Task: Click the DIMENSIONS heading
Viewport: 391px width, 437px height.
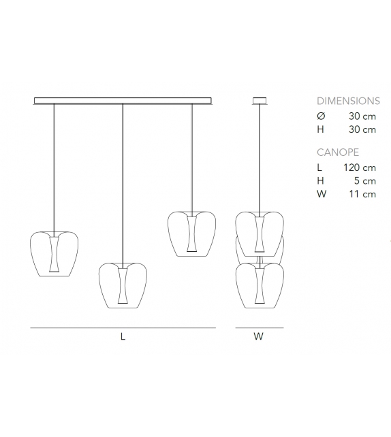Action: pos(348,100)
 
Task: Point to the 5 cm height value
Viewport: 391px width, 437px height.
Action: pos(366,181)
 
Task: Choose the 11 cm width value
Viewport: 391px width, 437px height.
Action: pos(364,195)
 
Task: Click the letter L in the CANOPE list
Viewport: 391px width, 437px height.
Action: pos(320,167)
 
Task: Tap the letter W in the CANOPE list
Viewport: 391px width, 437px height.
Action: pos(322,195)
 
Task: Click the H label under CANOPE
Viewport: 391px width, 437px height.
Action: pos(321,181)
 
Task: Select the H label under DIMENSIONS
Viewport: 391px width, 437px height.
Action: pos(321,129)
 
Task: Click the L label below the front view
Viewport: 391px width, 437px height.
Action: pos(123,336)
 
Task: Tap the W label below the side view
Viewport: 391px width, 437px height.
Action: pos(258,336)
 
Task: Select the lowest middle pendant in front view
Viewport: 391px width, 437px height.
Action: pos(123,285)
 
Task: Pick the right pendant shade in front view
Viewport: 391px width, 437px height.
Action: pos(191,233)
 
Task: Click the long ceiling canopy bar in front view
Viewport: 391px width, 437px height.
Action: pos(123,101)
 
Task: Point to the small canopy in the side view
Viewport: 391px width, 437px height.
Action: pos(259,101)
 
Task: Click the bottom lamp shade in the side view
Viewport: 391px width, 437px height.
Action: pos(259,286)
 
